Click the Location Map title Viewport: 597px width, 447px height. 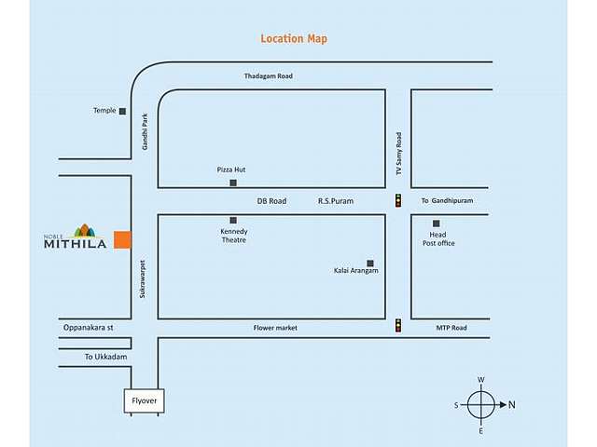(x=294, y=39)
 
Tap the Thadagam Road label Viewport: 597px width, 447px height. (x=269, y=75)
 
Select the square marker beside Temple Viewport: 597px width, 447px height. (x=122, y=111)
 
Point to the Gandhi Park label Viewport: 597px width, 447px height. (x=146, y=133)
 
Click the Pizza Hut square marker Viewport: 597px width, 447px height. (x=233, y=183)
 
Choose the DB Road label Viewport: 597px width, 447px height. (x=271, y=201)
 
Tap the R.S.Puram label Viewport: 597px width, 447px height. (x=336, y=201)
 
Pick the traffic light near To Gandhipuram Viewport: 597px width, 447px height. (x=398, y=200)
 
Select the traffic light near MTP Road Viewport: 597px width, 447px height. (x=398, y=326)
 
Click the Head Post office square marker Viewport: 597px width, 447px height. (x=436, y=223)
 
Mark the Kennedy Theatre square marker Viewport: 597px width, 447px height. (x=233, y=220)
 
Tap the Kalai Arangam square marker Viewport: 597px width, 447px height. (x=370, y=264)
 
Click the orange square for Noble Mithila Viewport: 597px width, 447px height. (x=122, y=238)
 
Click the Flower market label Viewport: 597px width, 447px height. (x=275, y=328)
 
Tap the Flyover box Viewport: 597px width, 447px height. (x=144, y=401)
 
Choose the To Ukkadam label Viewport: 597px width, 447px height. (x=104, y=358)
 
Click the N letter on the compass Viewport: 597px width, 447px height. (x=512, y=405)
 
